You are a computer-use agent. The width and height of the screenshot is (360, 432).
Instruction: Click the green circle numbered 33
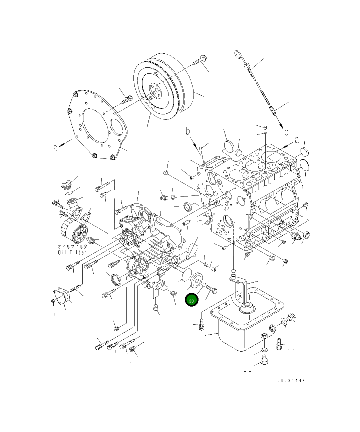(192, 300)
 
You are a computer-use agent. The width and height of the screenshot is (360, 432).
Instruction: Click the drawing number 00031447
(291, 380)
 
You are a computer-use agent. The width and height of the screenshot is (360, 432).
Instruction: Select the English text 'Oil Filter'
(72, 252)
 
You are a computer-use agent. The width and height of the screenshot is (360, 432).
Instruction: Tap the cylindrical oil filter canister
(73, 233)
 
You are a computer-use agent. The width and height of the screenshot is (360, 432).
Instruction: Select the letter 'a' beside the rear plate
(55, 147)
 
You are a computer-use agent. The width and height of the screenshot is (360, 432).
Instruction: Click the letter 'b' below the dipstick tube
(286, 132)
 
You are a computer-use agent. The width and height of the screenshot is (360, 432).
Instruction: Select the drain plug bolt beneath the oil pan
(264, 361)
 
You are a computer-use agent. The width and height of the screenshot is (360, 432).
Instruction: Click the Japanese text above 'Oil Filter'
(72, 247)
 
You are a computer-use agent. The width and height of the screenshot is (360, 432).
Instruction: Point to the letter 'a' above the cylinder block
(297, 140)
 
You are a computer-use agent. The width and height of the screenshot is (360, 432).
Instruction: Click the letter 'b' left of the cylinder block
(188, 131)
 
